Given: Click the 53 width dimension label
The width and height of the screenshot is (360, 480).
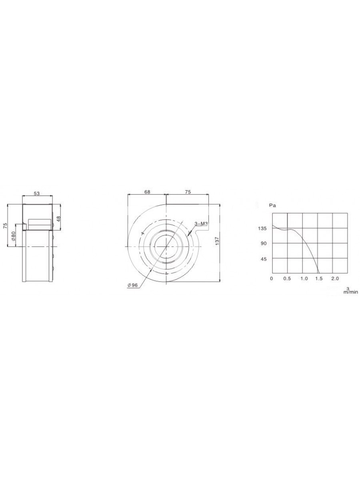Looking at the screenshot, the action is pos(37,193).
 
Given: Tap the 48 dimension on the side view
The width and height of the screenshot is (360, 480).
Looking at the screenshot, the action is pos(58,219).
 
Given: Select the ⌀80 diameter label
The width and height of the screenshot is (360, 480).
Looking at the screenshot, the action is pos(14,236).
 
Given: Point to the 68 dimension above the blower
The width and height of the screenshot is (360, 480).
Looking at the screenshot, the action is pos(148,192).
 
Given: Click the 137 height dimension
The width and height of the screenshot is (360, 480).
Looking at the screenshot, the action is pos(217,241).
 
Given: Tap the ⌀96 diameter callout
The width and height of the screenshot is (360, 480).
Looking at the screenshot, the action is pos(132,285).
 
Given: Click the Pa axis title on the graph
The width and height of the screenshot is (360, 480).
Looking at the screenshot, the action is pos(273,206).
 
